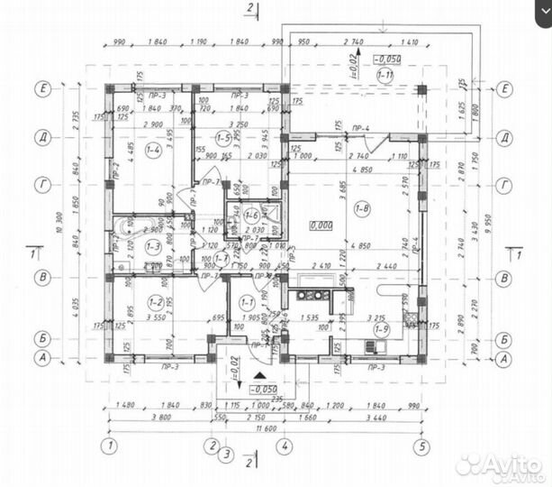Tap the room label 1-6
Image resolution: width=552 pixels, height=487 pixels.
point(251,216)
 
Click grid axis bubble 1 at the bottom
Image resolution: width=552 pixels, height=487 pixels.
point(109,446)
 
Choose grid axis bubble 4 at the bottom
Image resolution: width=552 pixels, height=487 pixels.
point(285,446)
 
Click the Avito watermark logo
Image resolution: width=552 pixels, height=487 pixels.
point(499,464)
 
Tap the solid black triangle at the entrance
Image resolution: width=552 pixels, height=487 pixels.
point(259,372)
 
